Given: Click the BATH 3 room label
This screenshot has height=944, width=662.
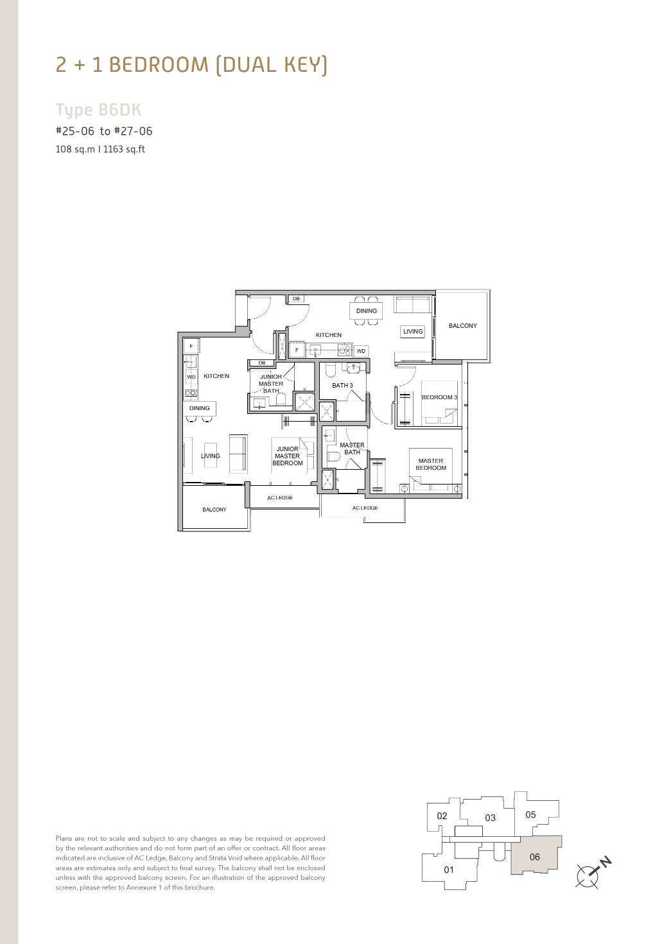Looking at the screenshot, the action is click(x=342, y=385).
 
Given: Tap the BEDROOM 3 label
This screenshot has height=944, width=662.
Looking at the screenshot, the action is click(x=439, y=397).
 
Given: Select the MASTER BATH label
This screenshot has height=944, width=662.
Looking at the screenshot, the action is click(x=352, y=449).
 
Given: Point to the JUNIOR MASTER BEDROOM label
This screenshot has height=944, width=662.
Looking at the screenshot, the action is click(x=288, y=456).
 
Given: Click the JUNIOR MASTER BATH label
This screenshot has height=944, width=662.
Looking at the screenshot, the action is click(x=271, y=384).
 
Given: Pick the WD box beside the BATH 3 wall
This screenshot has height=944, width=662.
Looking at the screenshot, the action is click(x=361, y=350).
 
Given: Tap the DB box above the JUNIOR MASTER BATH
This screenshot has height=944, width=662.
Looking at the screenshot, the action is click(x=261, y=363).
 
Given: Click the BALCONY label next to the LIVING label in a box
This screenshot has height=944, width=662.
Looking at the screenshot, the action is click(x=462, y=325).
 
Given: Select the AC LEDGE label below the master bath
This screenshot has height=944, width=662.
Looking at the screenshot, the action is click(x=365, y=508).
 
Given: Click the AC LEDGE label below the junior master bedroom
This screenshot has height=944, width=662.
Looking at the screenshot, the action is click(x=280, y=498).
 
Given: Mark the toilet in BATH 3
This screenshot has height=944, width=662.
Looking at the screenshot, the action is click(x=330, y=370).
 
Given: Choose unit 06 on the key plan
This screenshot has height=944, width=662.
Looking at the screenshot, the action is click(x=535, y=857).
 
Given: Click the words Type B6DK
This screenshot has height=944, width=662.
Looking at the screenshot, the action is click(x=99, y=110).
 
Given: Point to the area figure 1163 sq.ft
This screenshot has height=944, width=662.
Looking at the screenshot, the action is click(x=124, y=149).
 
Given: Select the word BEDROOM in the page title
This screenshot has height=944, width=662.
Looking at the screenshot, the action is click(x=159, y=65).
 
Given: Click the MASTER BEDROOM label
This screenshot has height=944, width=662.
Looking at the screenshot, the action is click(x=431, y=464).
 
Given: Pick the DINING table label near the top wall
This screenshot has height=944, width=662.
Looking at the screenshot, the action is click(x=367, y=311).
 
